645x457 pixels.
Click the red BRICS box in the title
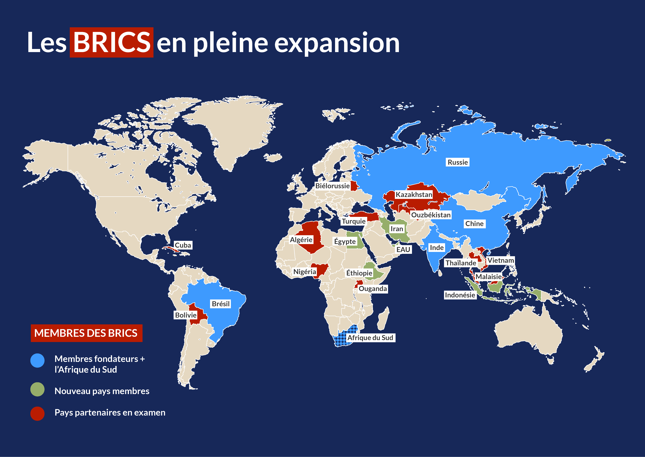click(x=111, y=43)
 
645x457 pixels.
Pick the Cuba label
click(x=183, y=245)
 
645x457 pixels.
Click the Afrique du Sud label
click(x=370, y=338)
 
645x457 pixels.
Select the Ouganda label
click(x=373, y=289)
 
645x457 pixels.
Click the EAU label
click(x=403, y=250)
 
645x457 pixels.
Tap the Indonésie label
click(x=460, y=295)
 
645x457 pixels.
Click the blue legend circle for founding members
click(x=37, y=360)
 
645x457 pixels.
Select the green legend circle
click(x=37, y=389)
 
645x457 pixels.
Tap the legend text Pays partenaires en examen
click(x=110, y=413)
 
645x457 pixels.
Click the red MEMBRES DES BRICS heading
click(x=87, y=333)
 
